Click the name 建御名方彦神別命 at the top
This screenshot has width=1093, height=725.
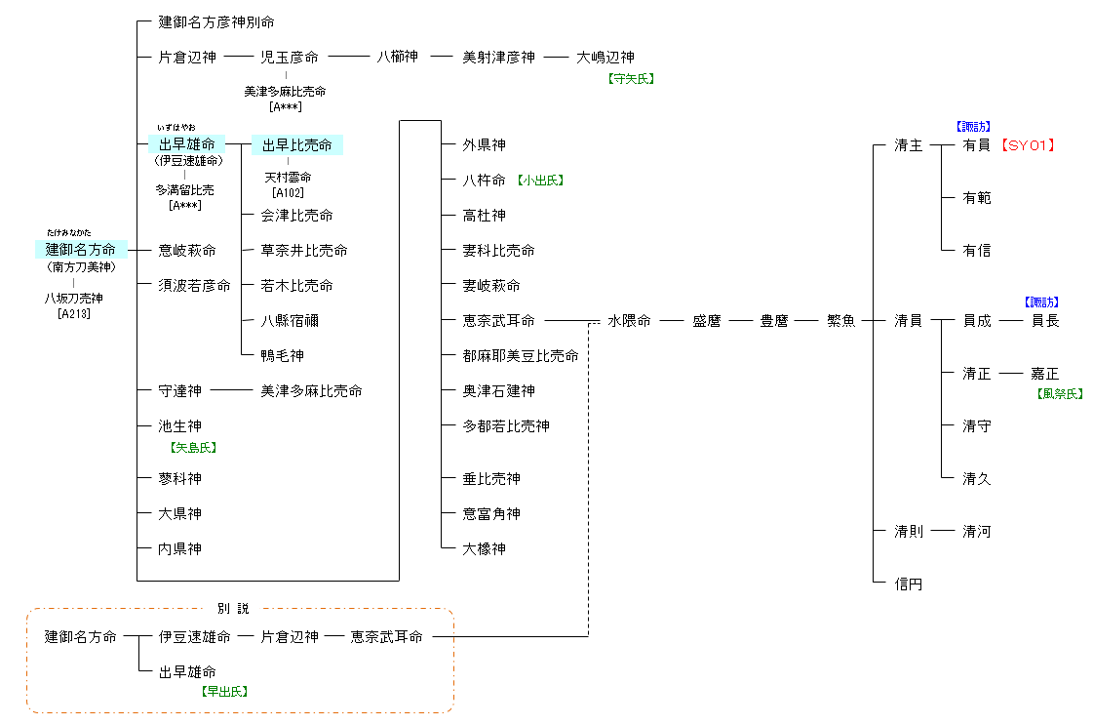point(223,21)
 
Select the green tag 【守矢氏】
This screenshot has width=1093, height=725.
point(631,79)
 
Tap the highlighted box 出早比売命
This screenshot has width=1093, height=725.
point(297,145)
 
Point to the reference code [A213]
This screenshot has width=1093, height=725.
point(74,313)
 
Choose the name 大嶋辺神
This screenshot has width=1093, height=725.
point(605,58)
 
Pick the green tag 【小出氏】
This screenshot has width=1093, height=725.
point(541,181)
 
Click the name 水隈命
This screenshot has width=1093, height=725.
point(629,321)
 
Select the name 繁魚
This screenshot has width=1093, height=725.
point(841,321)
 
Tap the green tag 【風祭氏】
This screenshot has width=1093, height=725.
point(1060,394)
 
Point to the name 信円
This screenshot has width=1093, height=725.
point(908,584)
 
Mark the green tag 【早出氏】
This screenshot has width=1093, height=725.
point(224,691)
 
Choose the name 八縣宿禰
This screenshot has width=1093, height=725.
point(290,321)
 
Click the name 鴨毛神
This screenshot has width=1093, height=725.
point(283,356)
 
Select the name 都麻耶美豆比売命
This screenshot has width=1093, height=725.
point(521,356)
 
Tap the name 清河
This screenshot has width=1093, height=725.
point(976,532)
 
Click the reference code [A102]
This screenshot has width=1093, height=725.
point(289,193)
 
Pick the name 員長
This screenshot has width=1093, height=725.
point(1045,321)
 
